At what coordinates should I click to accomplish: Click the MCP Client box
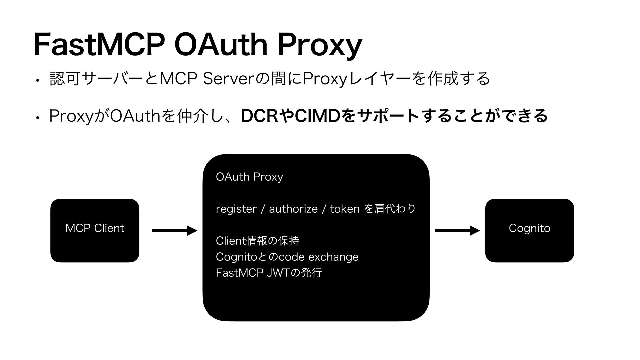pyautogui.click(x=95, y=230)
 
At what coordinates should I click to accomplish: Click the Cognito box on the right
pyautogui.click(x=529, y=230)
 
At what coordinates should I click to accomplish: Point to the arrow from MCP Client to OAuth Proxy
pyautogui.click(x=174, y=230)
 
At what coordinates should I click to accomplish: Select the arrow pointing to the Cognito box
pyautogui.click(x=457, y=230)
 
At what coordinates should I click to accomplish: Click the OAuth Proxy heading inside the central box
pyautogui.click(x=249, y=177)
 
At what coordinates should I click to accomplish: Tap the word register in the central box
pyautogui.click(x=236, y=209)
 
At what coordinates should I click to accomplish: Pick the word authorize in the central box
pyautogui.click(x=293, y=209)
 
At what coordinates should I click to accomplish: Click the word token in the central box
pyautogui.click(x=344, y=209)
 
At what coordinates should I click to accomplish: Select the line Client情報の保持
pyautogui.click(x=257, y=240)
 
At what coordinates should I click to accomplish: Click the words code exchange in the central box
pyautogui.click(x=318, y=257)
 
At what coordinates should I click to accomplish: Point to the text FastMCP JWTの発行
pyautogui.click(x=269, y=273)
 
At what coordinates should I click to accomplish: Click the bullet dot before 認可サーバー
pyautogui.click(x=39, y=80)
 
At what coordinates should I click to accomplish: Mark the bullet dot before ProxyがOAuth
pyautogui.click(x=39, y=117)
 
